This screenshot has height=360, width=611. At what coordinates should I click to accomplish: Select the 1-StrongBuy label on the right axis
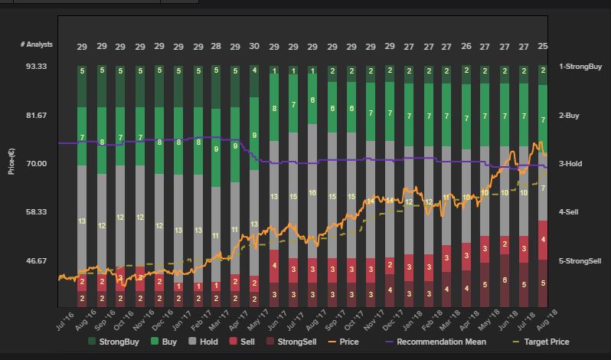[x=580, y=67]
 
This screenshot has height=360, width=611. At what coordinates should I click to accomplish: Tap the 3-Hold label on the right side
[x=570, y=164]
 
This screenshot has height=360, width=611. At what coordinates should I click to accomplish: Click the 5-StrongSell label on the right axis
[x=580, y=261]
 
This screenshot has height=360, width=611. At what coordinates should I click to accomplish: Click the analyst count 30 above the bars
[x=254, y=47]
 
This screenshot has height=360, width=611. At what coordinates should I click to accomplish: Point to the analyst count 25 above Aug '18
[x=543, y=47]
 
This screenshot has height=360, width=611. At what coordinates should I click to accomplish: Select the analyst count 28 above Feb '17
[x=216, y=47]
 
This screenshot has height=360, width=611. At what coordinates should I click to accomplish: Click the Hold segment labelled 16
[x=312, y=193]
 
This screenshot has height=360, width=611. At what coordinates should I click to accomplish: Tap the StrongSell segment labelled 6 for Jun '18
[x=505, y=280]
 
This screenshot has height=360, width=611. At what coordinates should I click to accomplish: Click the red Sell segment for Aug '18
[x=543, y=240]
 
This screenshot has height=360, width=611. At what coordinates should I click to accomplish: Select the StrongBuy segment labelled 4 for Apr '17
[x=254, y=70]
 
